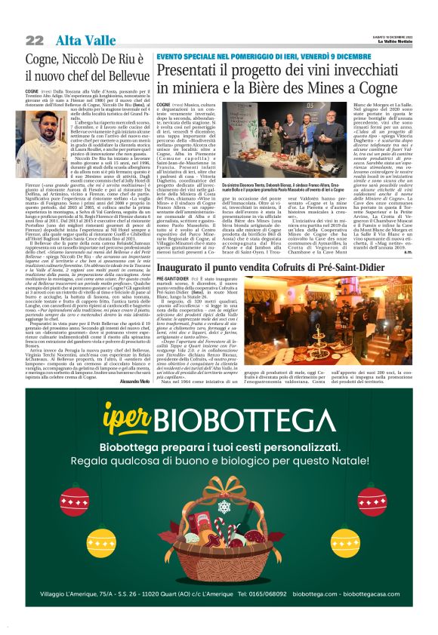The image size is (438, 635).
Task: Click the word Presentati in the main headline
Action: pos(189,71)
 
